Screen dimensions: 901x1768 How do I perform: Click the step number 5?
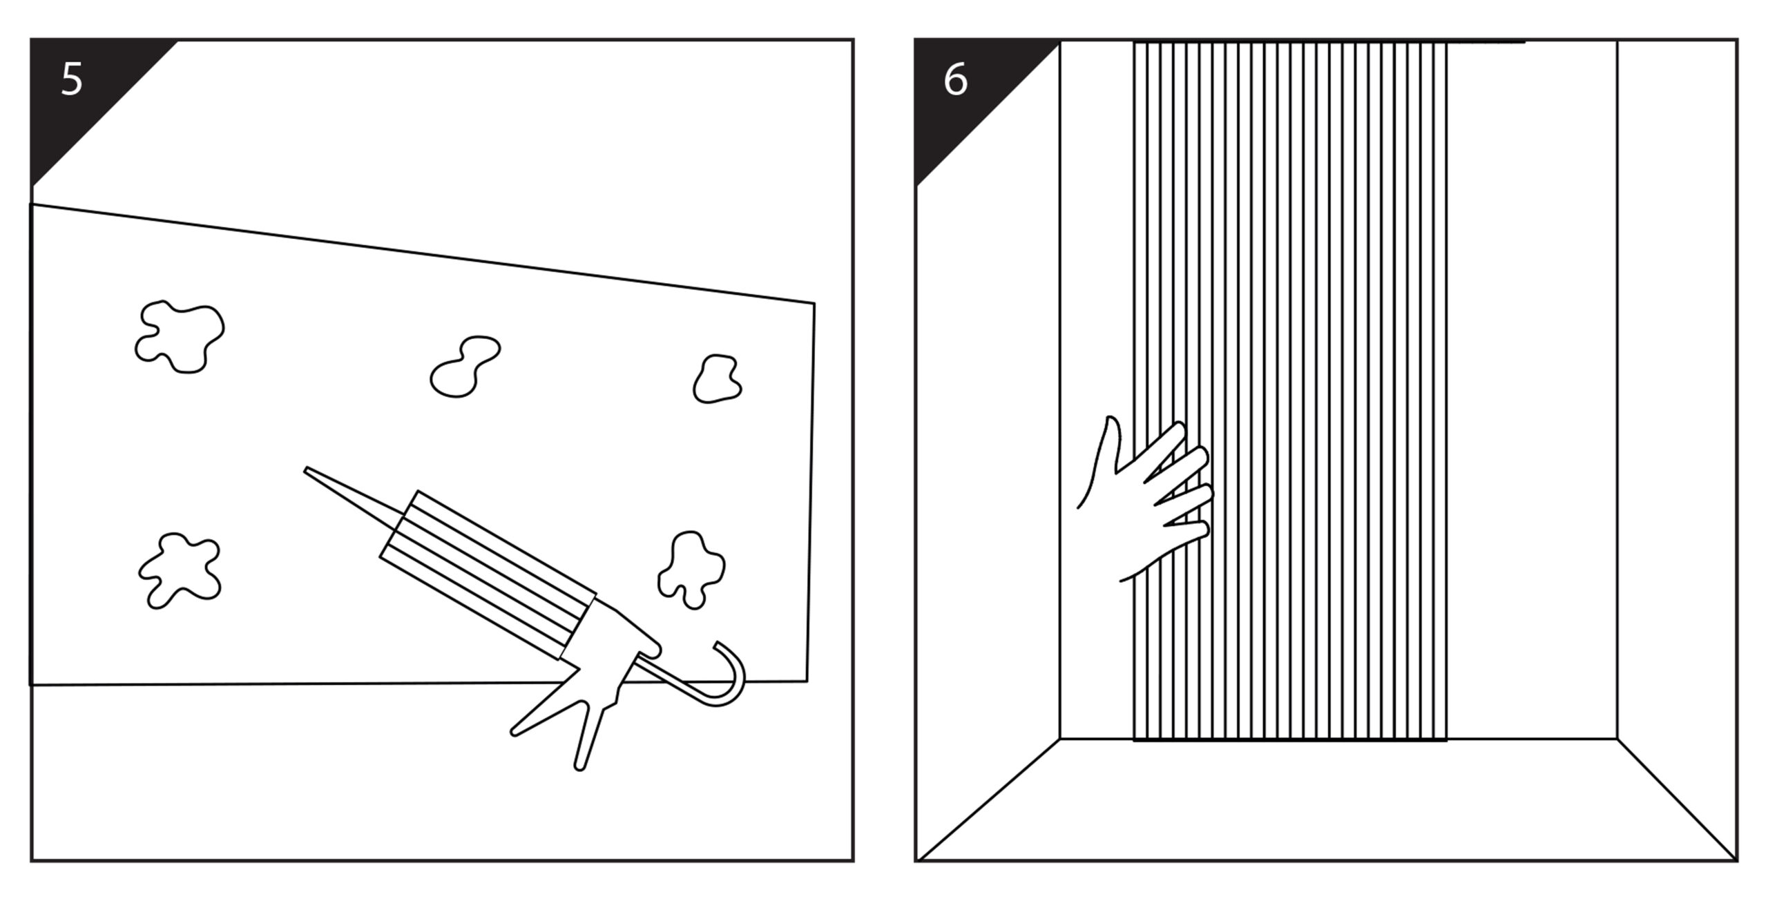(72, 79)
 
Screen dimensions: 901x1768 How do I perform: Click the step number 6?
(955, 80)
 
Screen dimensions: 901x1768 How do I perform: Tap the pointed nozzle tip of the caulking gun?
(309, 472)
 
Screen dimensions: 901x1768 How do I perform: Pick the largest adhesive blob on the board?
(180, 336)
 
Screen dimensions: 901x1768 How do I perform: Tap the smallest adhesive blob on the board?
(717, 379)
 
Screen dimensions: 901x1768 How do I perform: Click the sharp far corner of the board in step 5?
(814, 303)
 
